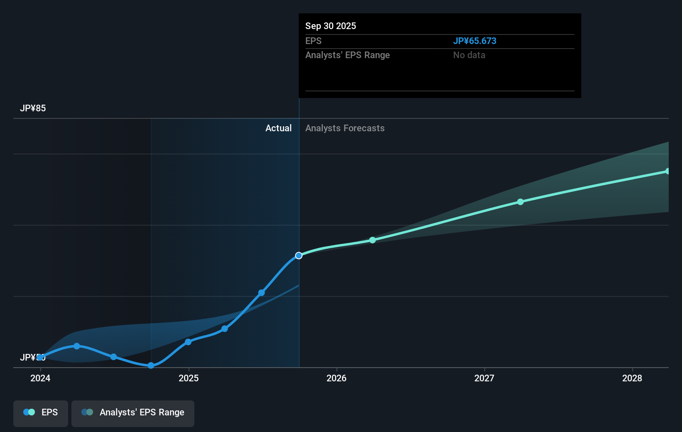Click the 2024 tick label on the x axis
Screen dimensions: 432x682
[40, 378]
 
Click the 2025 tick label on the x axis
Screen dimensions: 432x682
[189, 378]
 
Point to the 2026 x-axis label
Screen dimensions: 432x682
[336, 378]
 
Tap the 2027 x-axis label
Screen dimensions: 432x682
[484, 378]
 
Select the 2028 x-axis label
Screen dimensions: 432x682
[632, 378]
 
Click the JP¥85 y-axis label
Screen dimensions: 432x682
[33, 108]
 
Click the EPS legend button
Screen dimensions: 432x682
[41, 412]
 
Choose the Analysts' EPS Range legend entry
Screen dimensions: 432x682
[133, 412]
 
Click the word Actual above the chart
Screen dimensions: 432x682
[278, 128]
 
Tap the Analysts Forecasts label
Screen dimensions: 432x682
[345, 128]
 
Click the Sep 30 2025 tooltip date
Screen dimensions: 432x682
[331, 26]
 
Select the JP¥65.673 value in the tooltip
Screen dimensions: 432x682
[474, 41]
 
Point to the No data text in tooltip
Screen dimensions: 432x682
[469, 55]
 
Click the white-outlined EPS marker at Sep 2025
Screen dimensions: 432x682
[299, 255]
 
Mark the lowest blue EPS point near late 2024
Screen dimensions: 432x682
[151, 366]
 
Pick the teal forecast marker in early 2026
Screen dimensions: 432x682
[373, 240]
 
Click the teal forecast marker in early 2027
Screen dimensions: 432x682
[520, 202]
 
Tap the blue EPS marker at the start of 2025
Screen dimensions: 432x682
[188, 342]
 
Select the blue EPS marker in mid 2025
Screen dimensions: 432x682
[262, 293]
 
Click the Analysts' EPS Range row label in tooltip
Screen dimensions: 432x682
[347, 55]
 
